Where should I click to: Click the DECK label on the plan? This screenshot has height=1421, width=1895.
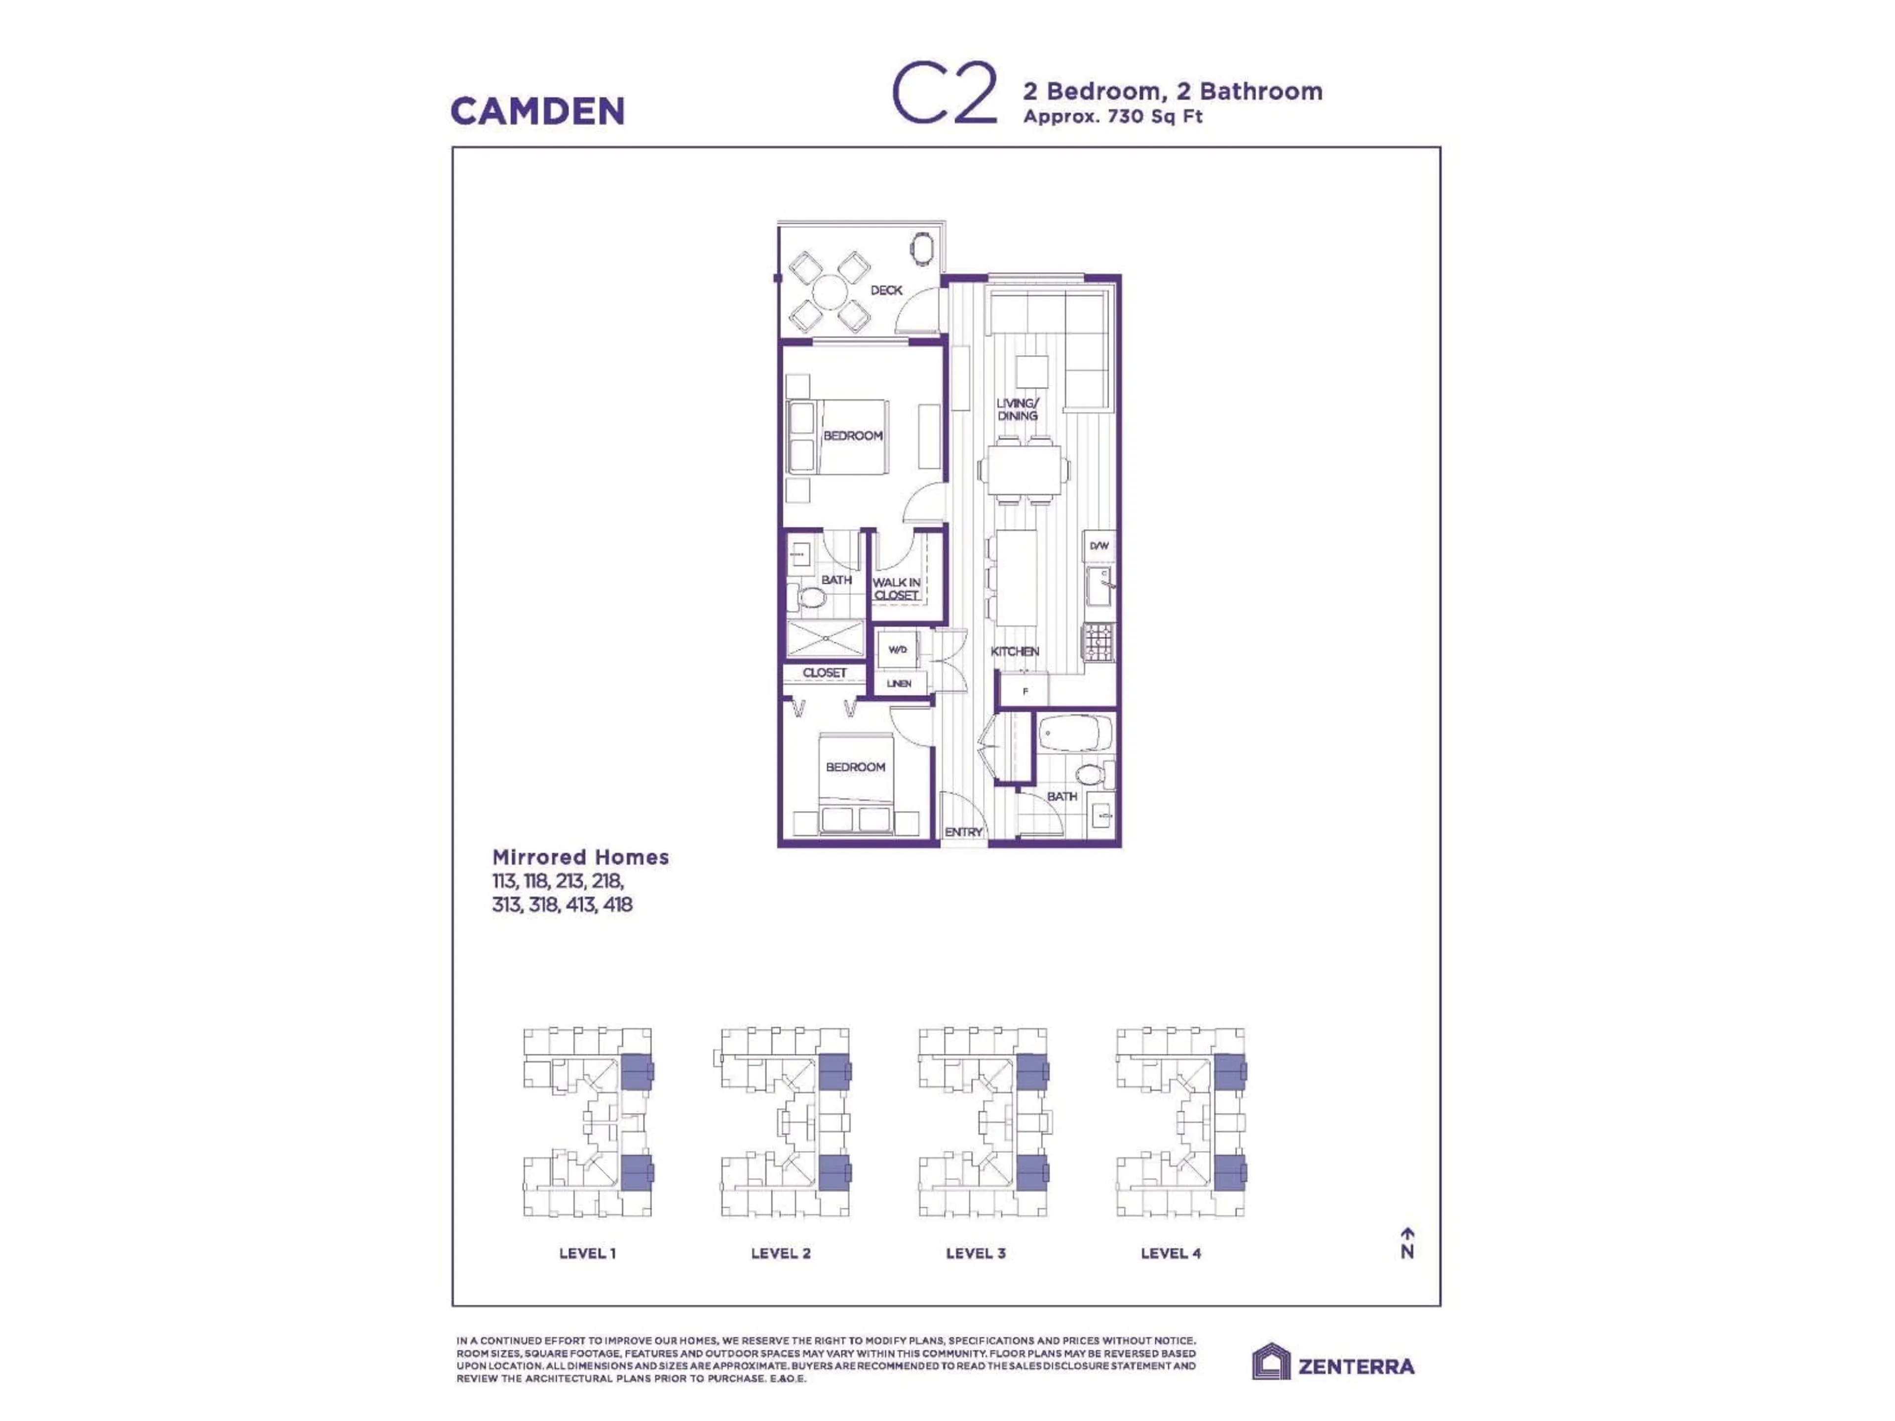click(x=886, y=290)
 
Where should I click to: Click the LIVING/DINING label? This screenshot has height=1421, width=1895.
click(x=1017, y=410)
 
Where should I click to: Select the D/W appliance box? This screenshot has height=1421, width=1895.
click(x=1099, y=546)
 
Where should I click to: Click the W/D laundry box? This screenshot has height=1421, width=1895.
click(x=897, y=649)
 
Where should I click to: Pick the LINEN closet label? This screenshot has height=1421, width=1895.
click(x=899, y=683)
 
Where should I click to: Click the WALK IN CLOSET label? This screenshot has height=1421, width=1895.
click(x=896, y=589)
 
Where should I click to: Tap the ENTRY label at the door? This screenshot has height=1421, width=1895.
click(x=963, y=832)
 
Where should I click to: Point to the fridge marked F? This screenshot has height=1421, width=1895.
click(x=1025, y=690)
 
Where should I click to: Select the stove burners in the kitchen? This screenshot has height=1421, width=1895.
click(x=1099, y=641)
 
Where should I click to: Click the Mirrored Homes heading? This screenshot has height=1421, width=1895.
click(x=580, y=857)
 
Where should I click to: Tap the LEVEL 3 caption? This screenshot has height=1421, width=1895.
click(x=975, y=1253)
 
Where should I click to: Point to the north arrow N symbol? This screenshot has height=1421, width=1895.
click(x=1406, y=1244)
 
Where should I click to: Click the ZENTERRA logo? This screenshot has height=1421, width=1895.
click(x=1333, y=1365)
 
